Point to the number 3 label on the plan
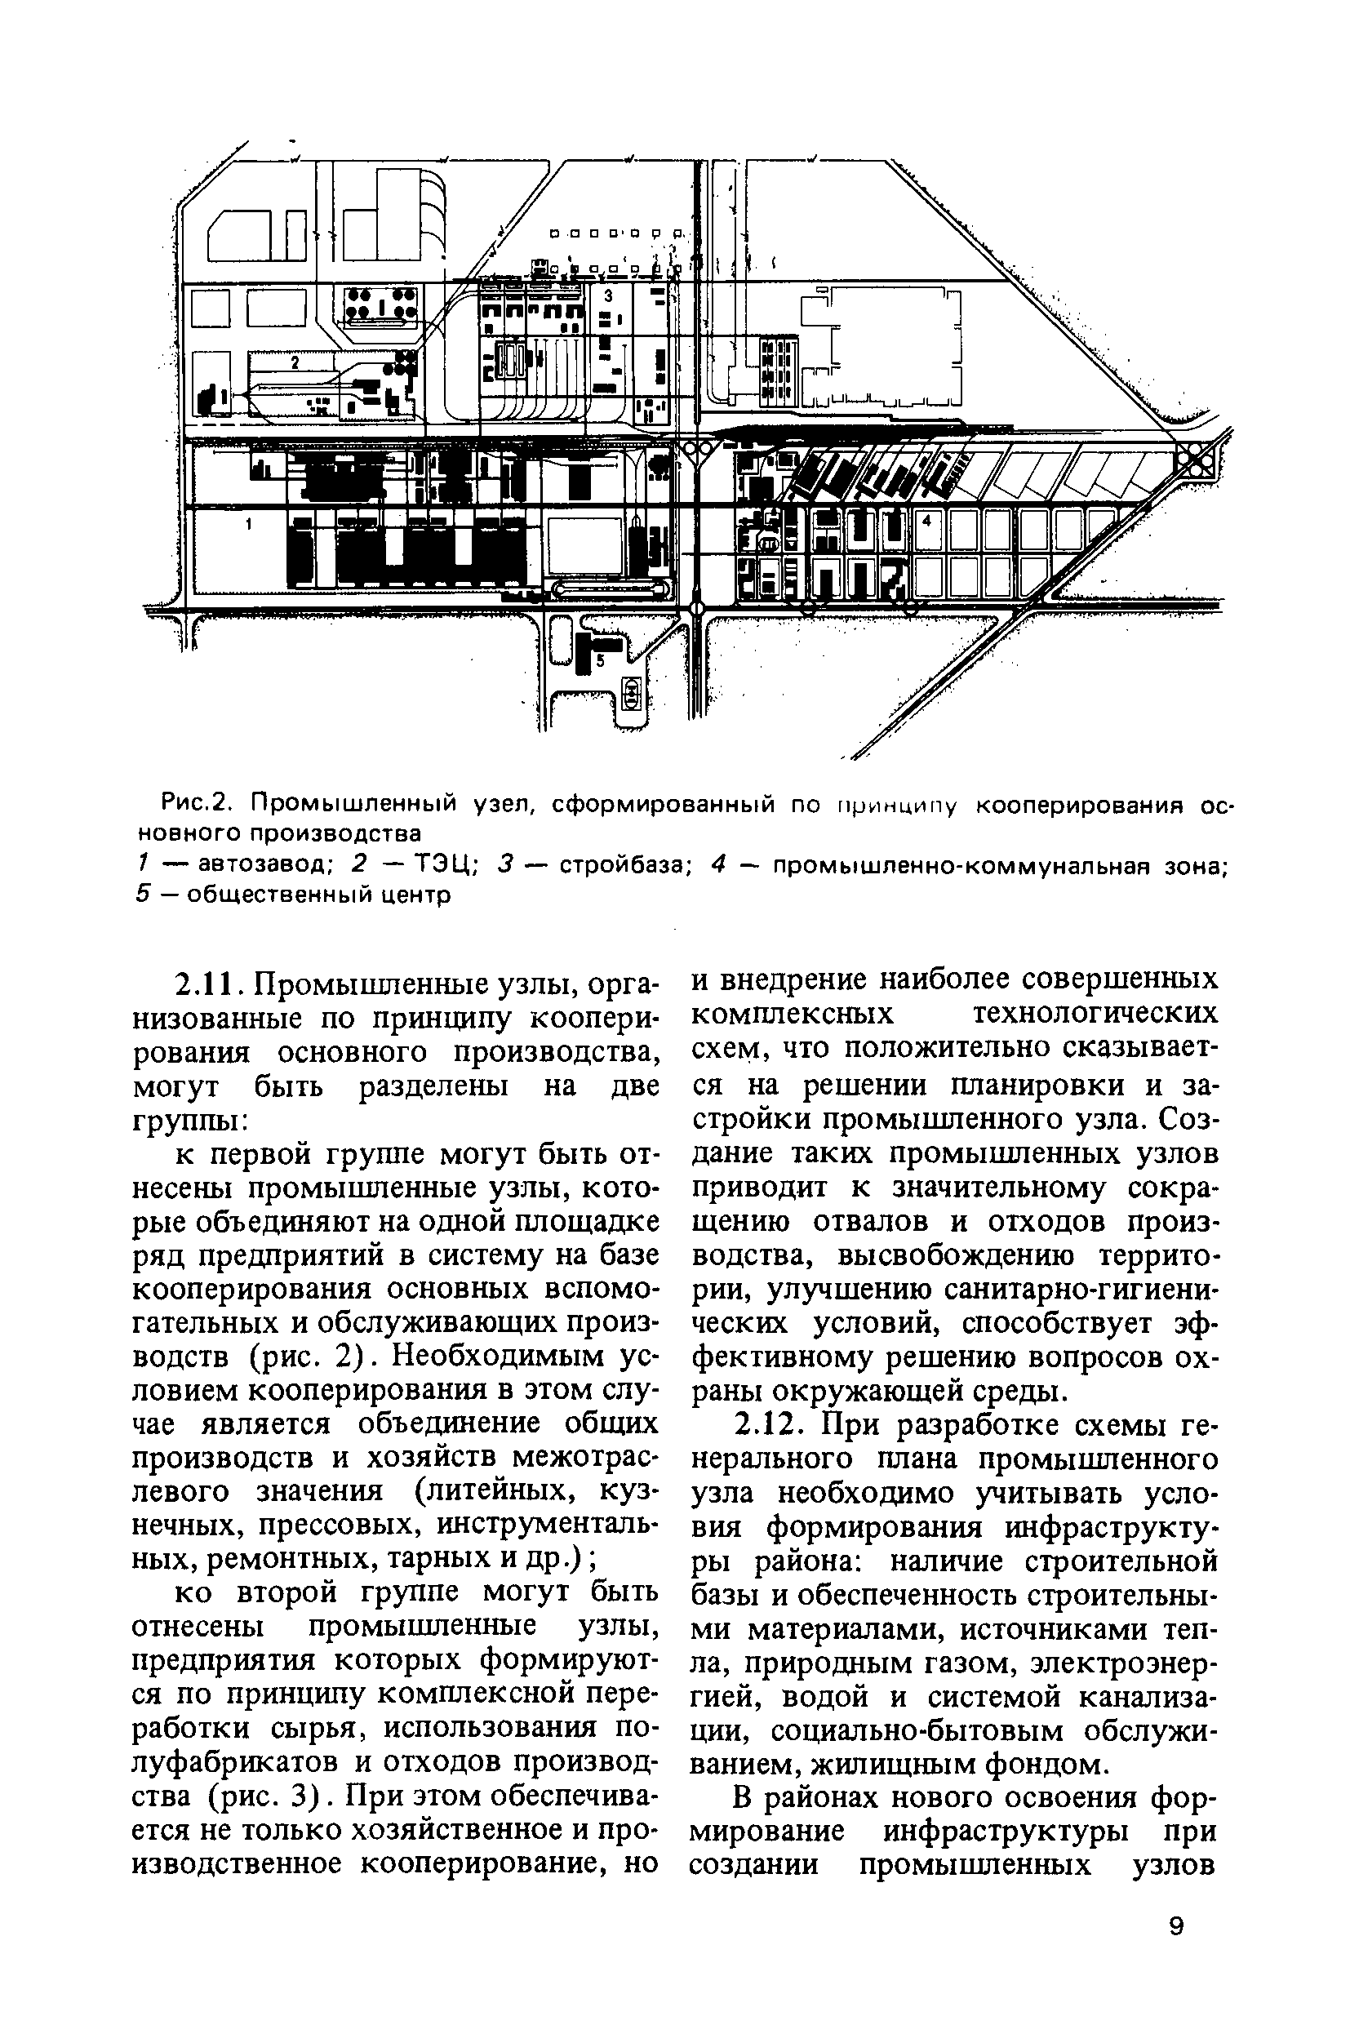(608, 295)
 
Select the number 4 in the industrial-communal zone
(926, 521)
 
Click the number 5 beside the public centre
(600, 659)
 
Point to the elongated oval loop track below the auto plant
(612, 590)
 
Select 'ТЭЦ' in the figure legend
(440, 865)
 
